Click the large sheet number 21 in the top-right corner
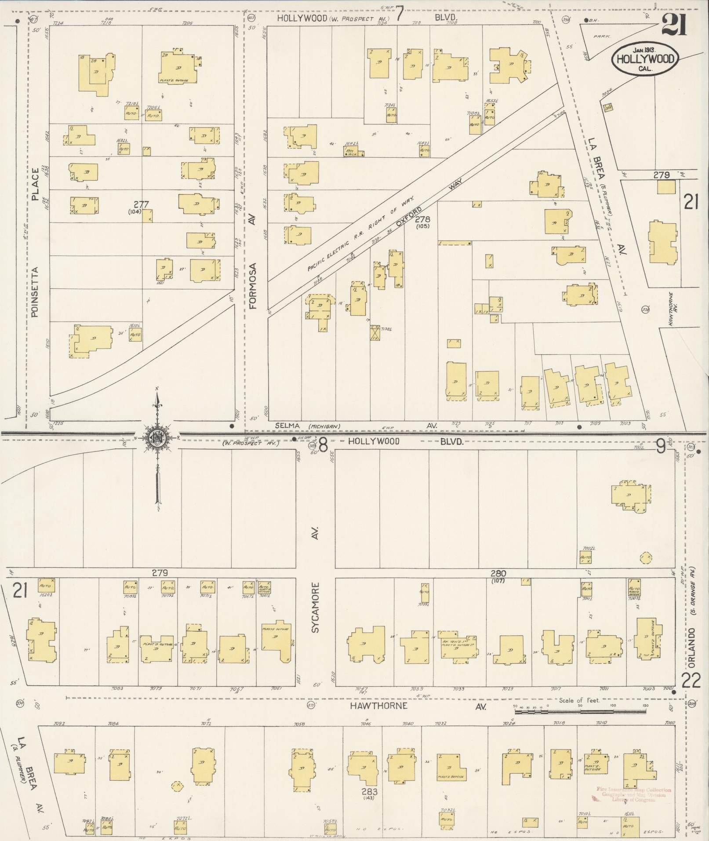(x=673, y=24)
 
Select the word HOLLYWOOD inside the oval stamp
(x=645, y=59)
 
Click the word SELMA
(x=287, y=426)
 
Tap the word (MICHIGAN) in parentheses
(x=324, y=426)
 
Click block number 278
(x=424, y=218)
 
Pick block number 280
(x=498, y=573)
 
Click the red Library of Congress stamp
(x=633, y=795)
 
